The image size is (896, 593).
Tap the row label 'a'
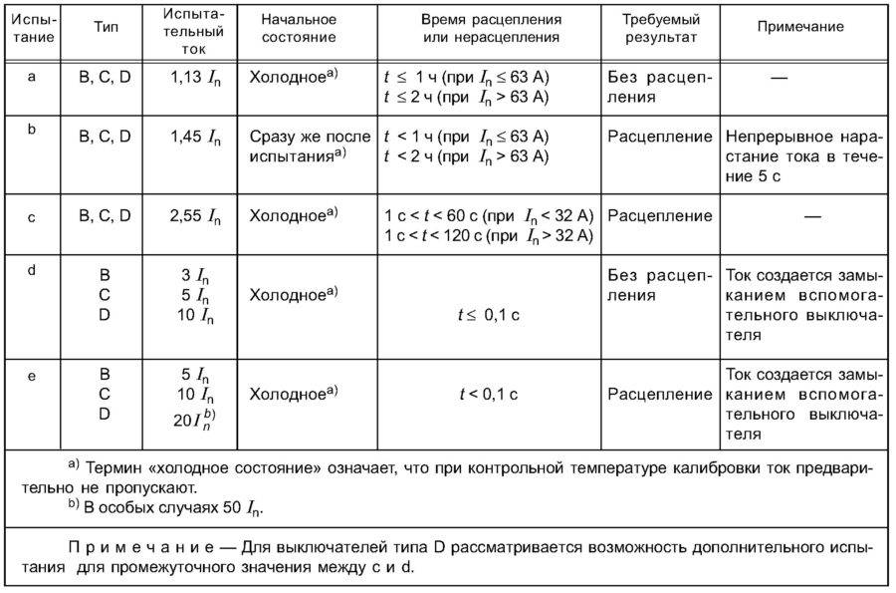pyautogui.click(x=33, y=78)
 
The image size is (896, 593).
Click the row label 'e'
pyautogui.click(x=33, y=376)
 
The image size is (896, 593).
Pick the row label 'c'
pyautogui.click(x=33, y=216)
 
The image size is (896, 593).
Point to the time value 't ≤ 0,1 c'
pyautogui.click(x=488, y=314)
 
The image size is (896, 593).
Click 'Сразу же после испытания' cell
pyautogui.click(x=310, y=146)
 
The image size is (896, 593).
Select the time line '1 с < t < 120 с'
pyautogui.click(x=488, y=235)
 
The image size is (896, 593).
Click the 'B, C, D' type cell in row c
pyautogui.click(x=105, y=216)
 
